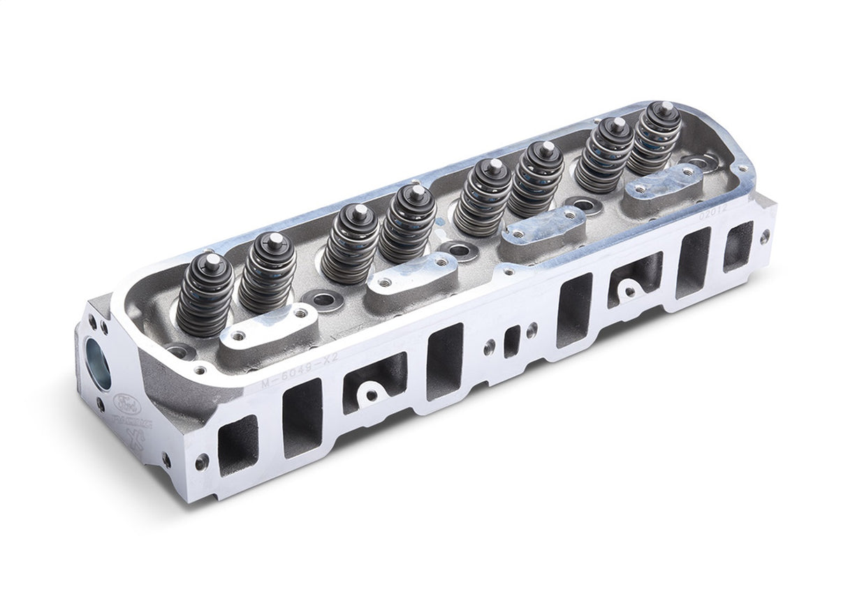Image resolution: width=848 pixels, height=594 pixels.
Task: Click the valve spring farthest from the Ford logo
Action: [654, 140]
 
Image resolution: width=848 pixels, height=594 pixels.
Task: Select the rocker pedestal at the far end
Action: [664, 182]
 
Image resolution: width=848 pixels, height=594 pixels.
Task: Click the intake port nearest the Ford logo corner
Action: [237, 445]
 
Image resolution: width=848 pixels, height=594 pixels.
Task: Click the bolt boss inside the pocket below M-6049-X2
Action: [370, 395]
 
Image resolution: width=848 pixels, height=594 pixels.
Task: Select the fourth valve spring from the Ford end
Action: [407, 223]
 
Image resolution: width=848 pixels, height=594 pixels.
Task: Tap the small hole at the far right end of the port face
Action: [765, 235]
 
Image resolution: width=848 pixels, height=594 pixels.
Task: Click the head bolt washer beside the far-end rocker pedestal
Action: [702, 163]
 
